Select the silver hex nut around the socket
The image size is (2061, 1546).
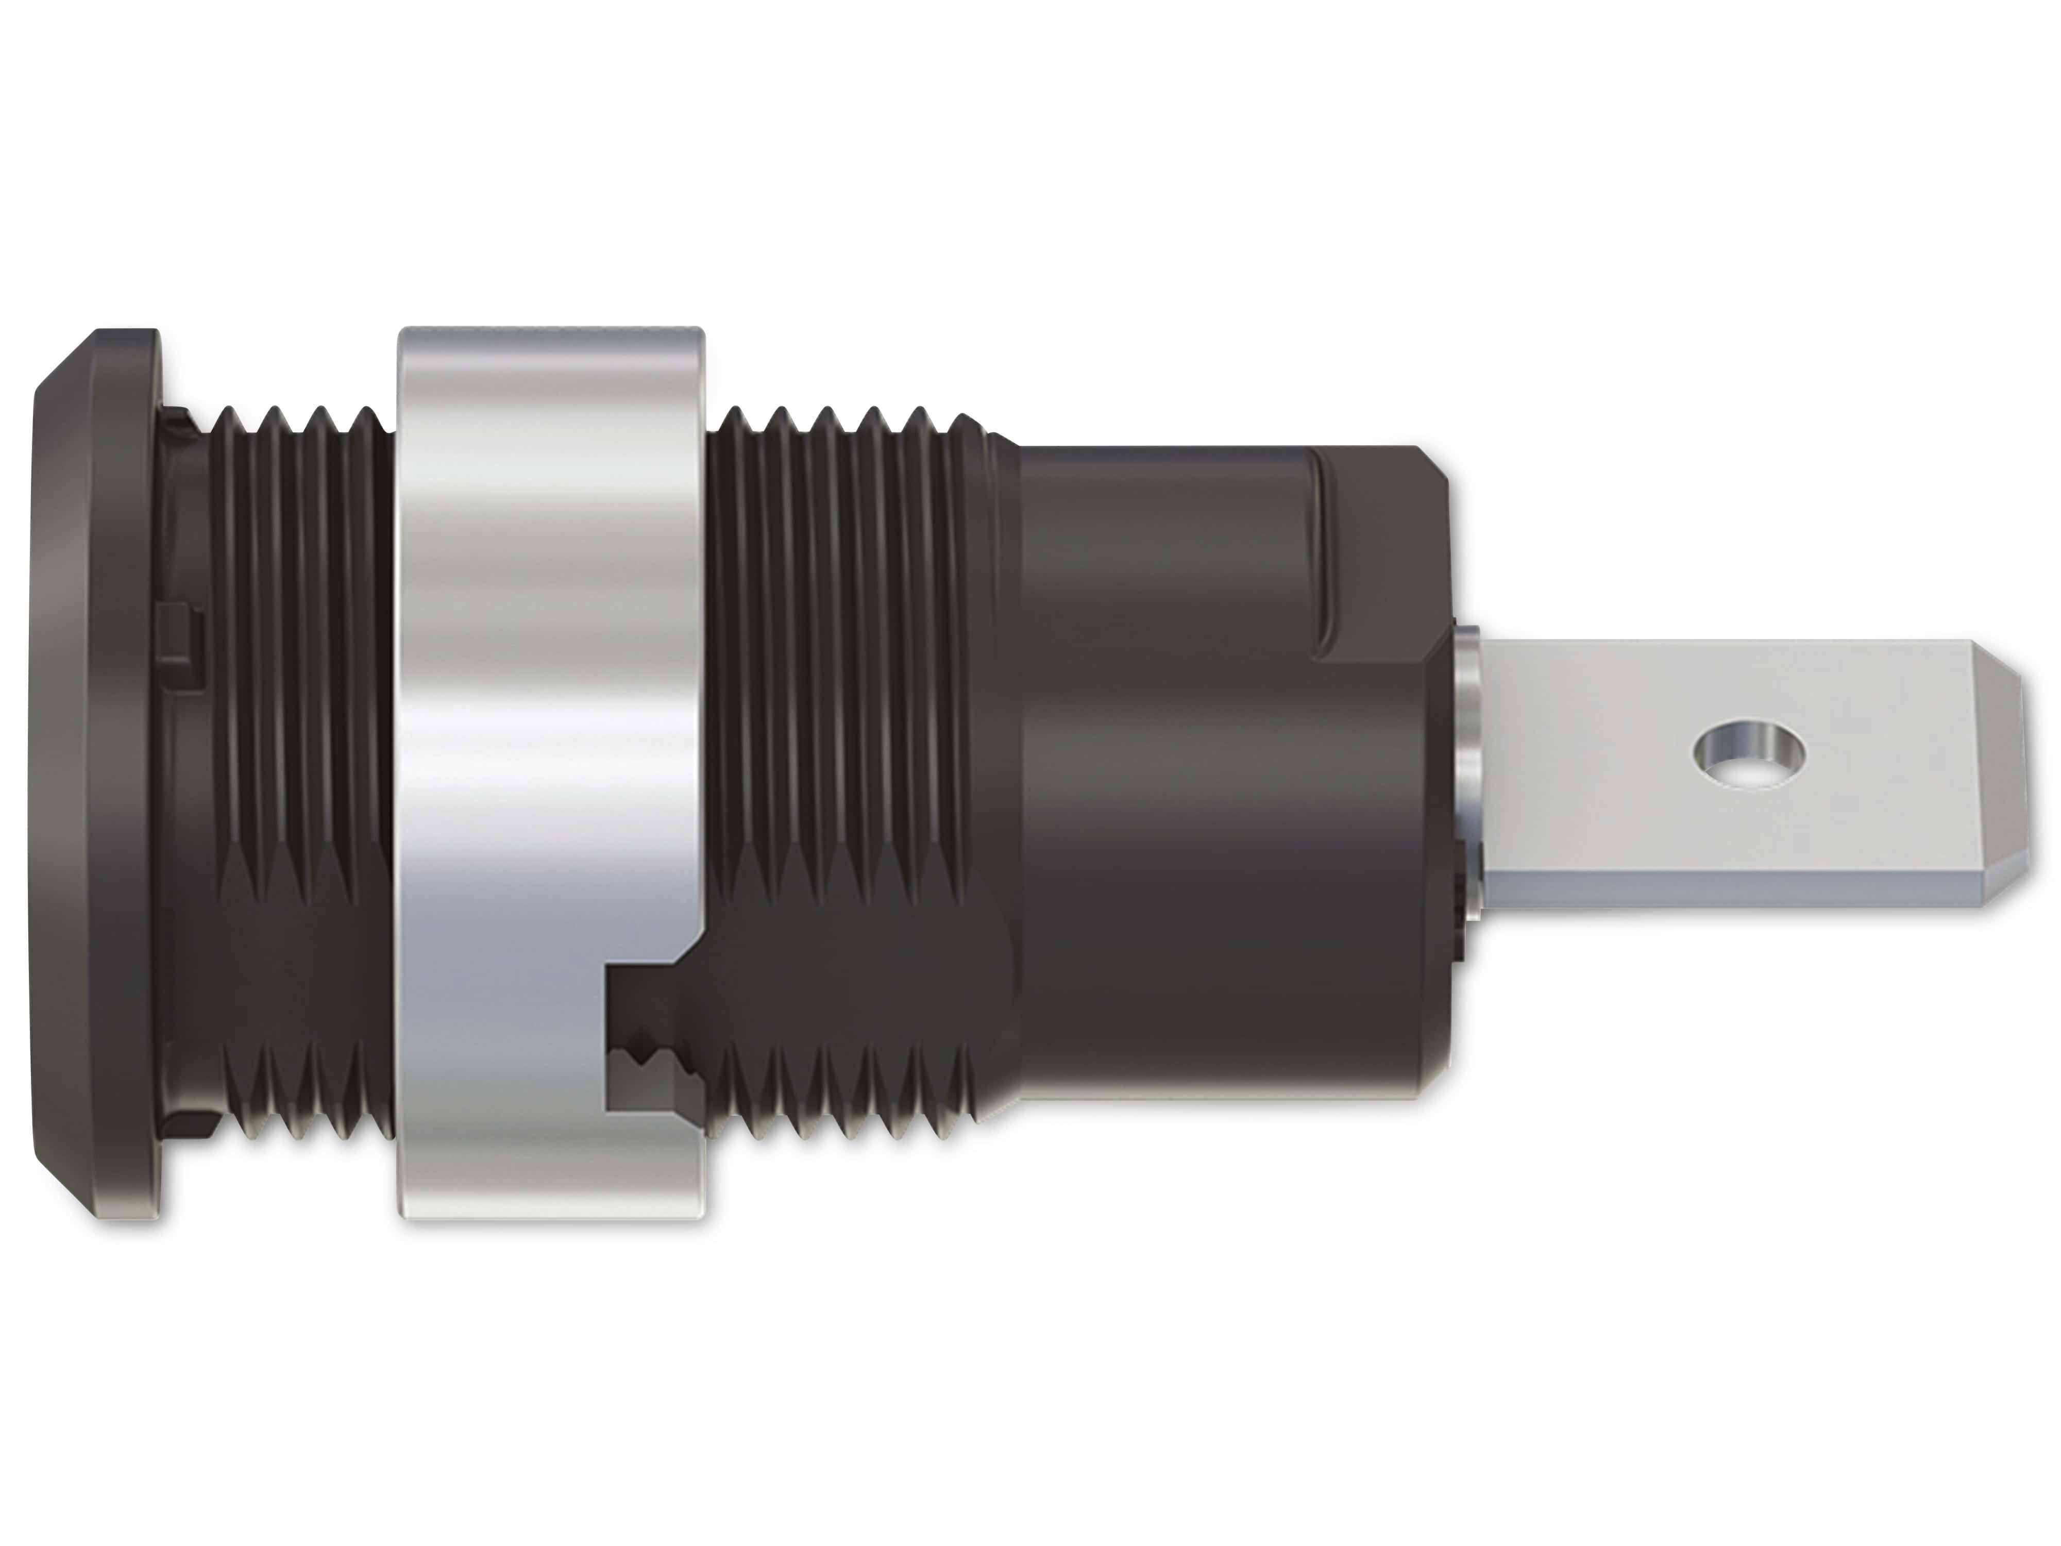pyautogui.click(x=550, y=652)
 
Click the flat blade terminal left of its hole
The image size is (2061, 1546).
pyautogui.click(x=1584, y=746)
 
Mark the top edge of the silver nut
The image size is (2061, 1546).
pyautogui.click(x=550, y=338)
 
